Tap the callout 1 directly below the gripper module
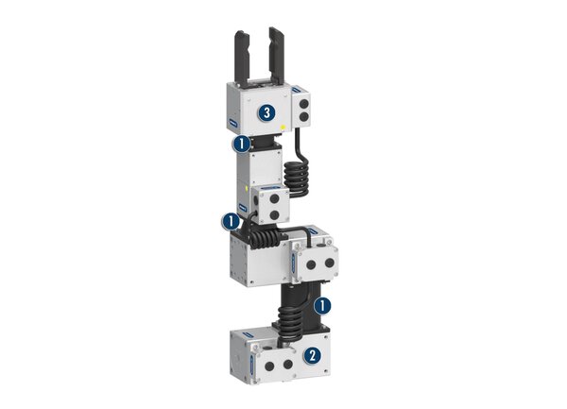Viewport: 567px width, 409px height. [243, 145]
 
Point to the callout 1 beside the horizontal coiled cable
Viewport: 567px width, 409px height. [230, 222]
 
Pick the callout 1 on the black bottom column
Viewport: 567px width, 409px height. [322, 306]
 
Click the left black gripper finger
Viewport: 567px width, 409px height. [241, 57]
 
